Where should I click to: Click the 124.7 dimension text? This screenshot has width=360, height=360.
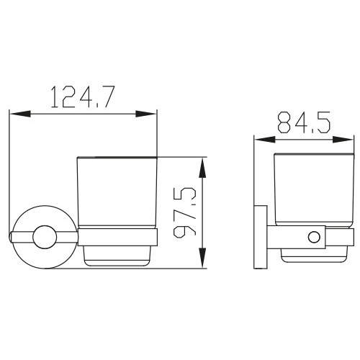(83, 96)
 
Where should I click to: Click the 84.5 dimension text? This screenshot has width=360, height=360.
(304, 122)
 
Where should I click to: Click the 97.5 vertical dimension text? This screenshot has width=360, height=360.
(184, 212)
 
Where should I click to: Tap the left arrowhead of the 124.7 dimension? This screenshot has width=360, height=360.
(20, 114)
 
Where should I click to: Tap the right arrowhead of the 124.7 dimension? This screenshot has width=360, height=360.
(146, 114)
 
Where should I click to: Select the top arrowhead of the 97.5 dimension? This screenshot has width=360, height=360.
(203, 168)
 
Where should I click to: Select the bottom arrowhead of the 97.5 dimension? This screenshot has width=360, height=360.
(203, 258)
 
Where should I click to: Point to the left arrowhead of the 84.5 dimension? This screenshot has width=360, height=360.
(265, 140)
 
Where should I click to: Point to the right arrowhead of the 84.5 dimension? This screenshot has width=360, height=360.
(343, 140)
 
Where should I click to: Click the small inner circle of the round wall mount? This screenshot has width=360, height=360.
(45, 237)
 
